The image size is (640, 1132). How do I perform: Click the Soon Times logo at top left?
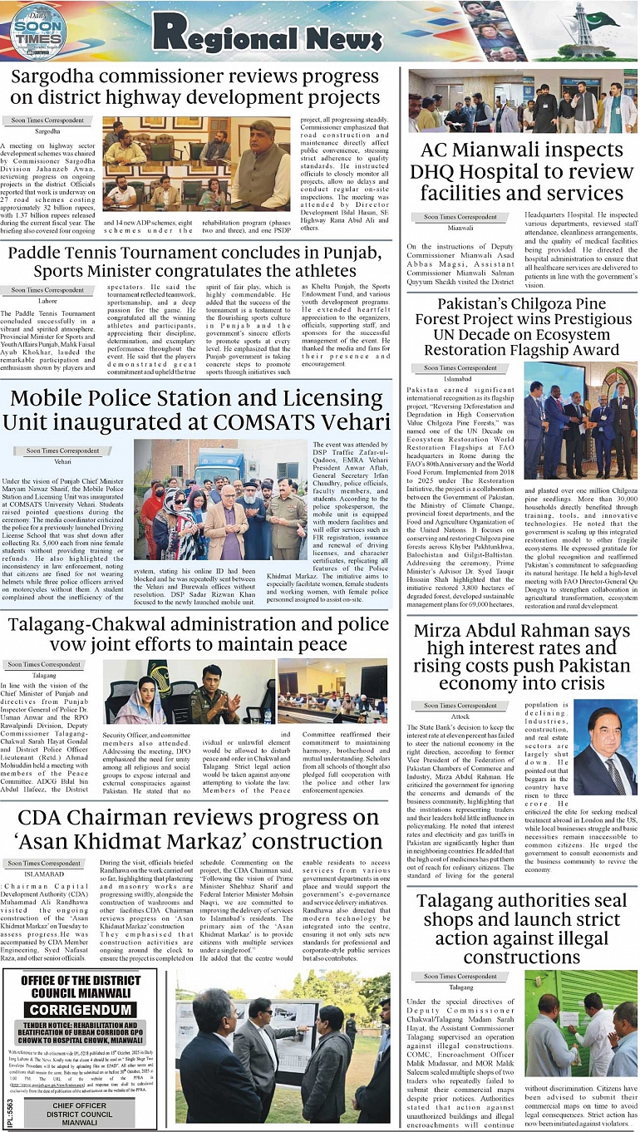click(x=37, y=32)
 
